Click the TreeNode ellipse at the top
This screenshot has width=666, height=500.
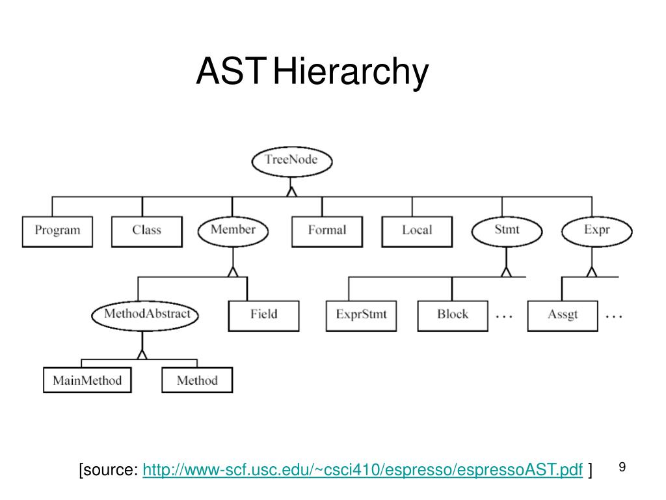click(292, 161)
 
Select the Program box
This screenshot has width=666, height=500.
click(57, 232)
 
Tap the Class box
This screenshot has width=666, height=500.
click(147, 232)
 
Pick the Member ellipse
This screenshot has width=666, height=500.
click(233, 231)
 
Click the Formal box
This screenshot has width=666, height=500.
click(327, 232)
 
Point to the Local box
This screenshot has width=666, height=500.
click(417, 232)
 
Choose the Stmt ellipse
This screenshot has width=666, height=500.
click(507, 231)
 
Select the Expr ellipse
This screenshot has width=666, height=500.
click(597, 231)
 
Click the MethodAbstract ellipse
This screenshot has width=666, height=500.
click(145, 316)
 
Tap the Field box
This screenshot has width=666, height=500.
click(264, 316)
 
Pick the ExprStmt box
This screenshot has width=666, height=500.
click(362, 316)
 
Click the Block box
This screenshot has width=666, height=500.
click(453, 316)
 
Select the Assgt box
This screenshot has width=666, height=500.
click(563, 316)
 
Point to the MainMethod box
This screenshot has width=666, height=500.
click(88, 380)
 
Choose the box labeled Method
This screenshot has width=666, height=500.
click(197, 380)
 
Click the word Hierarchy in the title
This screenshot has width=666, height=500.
click(351, 72)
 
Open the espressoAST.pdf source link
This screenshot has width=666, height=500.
click(363, 470)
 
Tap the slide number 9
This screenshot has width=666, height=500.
click(622, 467)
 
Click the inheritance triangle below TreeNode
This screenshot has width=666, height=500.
click(291, 192)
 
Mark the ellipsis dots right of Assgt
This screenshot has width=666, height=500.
click(614, 316)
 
